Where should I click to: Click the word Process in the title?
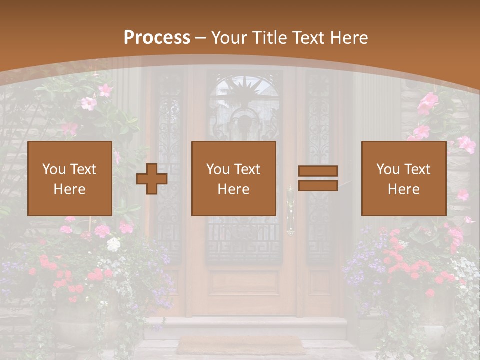click(157, 38)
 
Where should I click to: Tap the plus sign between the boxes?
click(152, 178)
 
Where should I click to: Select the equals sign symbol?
click(318, 178)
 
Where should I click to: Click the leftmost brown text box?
click(70, 178)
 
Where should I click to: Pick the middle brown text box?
click(233, 178)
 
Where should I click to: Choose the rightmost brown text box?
click(403, 178)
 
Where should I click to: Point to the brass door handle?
click(290, 210)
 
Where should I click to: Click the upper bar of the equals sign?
click(318, 171)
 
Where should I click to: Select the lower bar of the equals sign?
click(318, 186)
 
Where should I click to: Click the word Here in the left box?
click(69, 189)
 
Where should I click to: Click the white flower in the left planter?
click(114, 244)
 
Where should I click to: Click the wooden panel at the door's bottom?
click(244, 282)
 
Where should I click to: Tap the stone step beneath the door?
click(245, 327)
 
